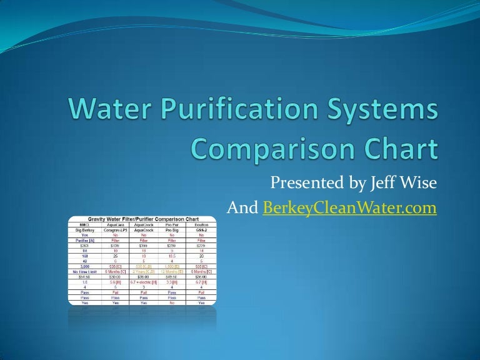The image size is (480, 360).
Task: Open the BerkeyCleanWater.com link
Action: pos(349,209)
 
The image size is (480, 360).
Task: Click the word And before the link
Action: pos(244,209)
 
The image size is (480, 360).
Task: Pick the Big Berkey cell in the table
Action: pos(82,231)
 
